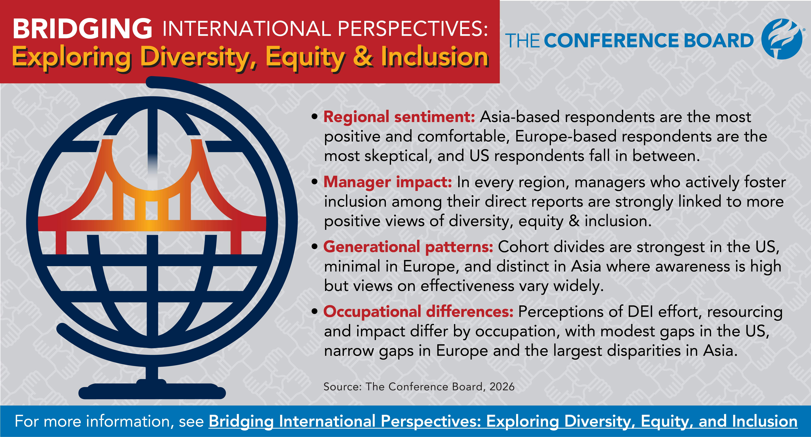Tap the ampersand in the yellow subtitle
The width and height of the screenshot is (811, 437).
(x=363, y=57)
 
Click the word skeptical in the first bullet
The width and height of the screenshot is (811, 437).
(x=398, y=156)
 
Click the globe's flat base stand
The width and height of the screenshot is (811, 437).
(x=152, y=391)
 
